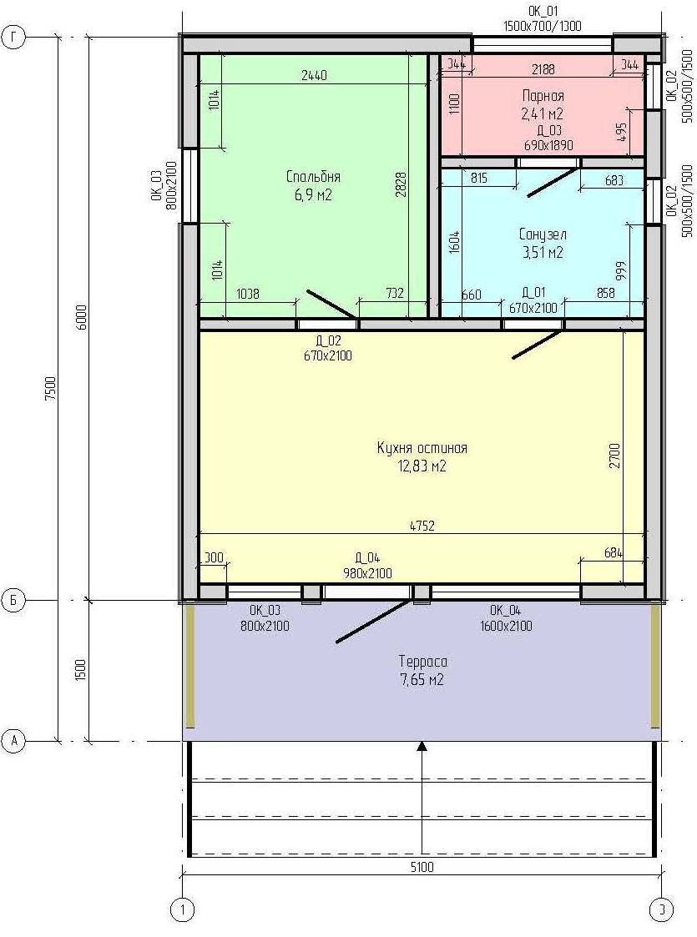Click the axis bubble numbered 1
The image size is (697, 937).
[182, 910]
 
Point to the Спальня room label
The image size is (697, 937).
[313, 177]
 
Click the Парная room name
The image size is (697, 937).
[543, 96]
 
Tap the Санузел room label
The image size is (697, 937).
[543, 234]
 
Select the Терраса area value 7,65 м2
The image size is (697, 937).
[422, 679]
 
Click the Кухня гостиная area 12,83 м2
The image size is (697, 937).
[422, 466]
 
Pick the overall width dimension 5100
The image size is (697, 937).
[422, 866]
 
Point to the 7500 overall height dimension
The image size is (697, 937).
[51, 389]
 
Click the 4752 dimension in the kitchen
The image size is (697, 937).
[422, 526]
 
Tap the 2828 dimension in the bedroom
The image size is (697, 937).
[401, 185]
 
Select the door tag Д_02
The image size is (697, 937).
[328, 341]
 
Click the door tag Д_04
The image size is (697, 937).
[367, 559]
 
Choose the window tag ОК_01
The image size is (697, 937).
[543, 12]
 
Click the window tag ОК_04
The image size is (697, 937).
[506, 611]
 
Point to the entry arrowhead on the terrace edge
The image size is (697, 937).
[422, 746]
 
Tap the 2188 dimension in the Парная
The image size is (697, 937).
[543, 69]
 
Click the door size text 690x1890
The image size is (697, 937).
[548, 145]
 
